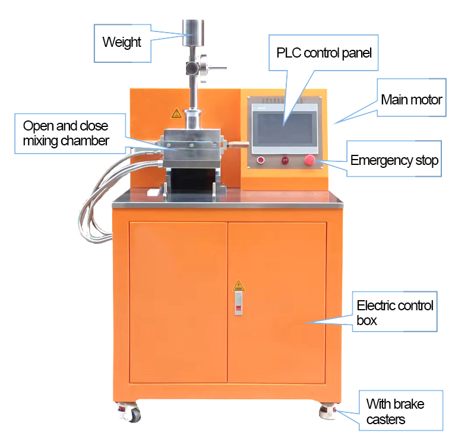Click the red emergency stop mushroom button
click(x=309, y=160)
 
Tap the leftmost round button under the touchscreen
click(x=261, y=160)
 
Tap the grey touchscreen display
click(x=285, y=129)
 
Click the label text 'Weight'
click(x=122, y=42)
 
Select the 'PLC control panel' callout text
click(x=324, y=53)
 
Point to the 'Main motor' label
click(x=411, y=100)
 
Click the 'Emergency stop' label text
click(x=394, y=161)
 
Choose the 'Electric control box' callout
click(x=395, y=313)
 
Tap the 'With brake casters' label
click(x=395, y=412)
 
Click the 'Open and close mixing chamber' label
click(x=66, y=133)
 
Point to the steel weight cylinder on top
click(x=193, y=33)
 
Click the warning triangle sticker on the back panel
click(x=176, y=113)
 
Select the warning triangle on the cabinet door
click(x=239, y=286)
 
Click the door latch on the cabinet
click(x=239, y=303)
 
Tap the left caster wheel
click(x=130, y=412)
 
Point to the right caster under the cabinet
click(x=328, y=411)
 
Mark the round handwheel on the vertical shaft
click(x=204, y=68)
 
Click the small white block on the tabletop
click(x=153, y=192)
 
